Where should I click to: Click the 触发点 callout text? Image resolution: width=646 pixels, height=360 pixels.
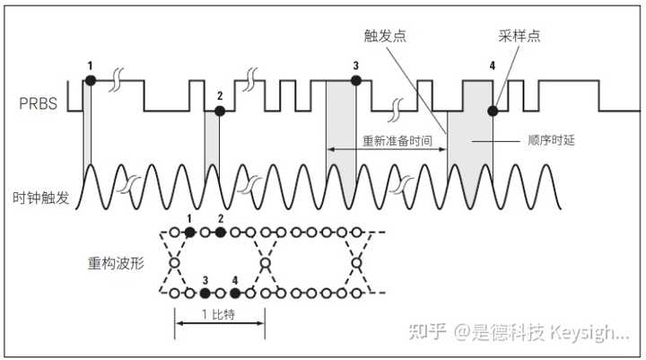click(385, 38)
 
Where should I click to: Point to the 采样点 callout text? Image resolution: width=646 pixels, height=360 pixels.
click(519, 38)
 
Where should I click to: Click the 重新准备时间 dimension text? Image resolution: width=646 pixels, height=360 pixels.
click(397, 141)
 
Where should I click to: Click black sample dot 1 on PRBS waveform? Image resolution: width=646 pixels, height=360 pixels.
click(90, 82)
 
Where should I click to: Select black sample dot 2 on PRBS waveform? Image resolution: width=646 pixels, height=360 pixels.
click(220, 111)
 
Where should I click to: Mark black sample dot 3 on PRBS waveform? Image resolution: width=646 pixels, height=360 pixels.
click(356, 81)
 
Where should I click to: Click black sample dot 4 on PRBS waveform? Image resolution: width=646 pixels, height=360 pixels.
click(492, 110)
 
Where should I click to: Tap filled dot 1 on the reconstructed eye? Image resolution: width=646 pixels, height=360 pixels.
click(189, 233)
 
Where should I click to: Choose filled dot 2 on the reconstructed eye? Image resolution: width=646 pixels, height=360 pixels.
click(220, 233)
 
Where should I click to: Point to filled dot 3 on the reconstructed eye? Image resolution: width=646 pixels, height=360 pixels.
click(205, 293)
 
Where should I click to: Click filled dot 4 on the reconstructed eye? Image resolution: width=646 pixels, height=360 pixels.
click(235, 293)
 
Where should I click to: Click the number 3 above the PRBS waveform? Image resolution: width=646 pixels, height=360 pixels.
click(356, 66)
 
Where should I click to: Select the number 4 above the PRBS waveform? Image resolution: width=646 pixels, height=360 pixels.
click(492, 66)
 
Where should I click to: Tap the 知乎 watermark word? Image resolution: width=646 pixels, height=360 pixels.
click(427, 334)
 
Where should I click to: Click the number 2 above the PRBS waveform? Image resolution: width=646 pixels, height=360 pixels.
click(220, 96)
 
